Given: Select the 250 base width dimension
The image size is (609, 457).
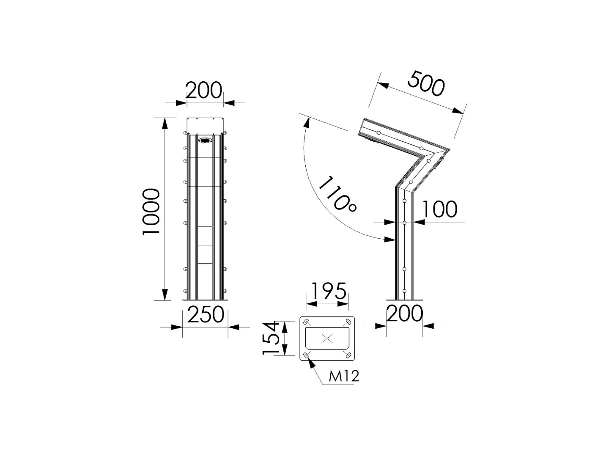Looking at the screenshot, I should [x=206, y=314].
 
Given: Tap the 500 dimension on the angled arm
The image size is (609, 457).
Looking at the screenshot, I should [x=426, y=83].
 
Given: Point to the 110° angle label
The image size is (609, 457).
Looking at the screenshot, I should [x=337, y=194].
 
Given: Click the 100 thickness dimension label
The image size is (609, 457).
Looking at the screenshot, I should [x=440, y=209].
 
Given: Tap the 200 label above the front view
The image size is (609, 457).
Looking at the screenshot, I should [x=204, y=90].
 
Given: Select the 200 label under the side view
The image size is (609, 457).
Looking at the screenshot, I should [x=405, y=314].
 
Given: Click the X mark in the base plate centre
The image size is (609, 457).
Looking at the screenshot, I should [x=327, y=338].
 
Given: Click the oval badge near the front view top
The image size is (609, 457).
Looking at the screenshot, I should [x=205, y=140].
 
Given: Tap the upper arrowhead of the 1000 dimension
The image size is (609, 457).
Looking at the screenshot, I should [x=165, y=122].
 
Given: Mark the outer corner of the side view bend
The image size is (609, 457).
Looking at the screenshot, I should [x=450, y=149].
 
